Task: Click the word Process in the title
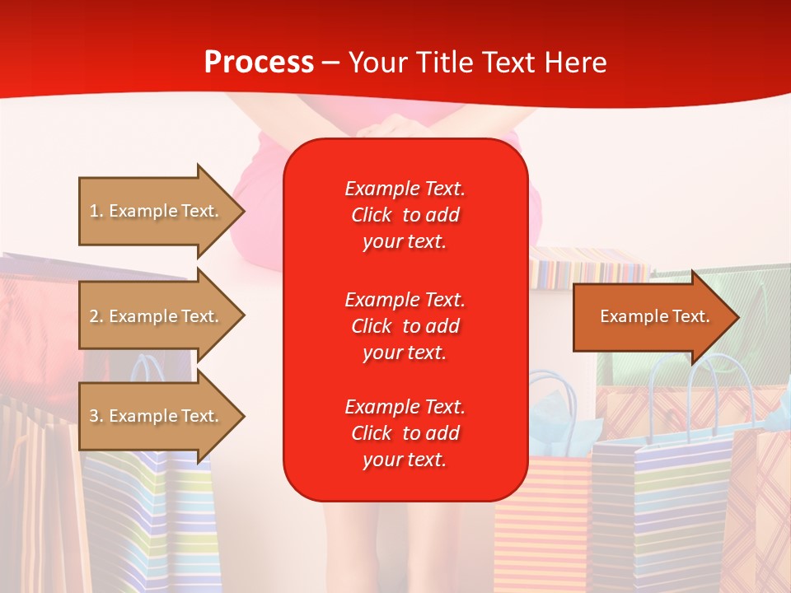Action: pos(259,63)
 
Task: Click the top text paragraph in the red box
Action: pos(405,215)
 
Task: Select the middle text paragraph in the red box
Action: pos(405,326)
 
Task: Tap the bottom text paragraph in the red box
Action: pos(405,433)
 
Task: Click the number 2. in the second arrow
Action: pos(96,316)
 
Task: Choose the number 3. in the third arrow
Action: pos(96,416)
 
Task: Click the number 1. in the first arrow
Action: pos(96,211)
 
